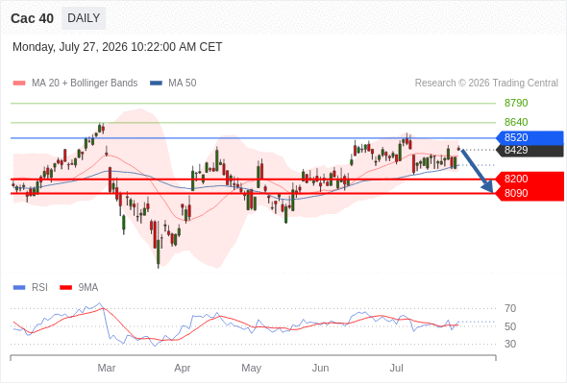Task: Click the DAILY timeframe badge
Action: tap(84, 18)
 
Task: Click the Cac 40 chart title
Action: tap(32, 18)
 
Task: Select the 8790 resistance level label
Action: tap(516, 103)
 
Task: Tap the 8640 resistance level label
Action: tap(516, 122)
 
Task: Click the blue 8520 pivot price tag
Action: tap(530, 137)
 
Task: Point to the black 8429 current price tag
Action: tap(530, 151)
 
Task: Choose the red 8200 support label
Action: tap(530, 179)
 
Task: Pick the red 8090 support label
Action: tap(530, 193)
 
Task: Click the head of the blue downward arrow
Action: tap(488, 187)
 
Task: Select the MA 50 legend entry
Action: tap(173, 84)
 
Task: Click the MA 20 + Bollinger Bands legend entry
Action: tap(75, 84)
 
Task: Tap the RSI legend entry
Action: tap(31, 288)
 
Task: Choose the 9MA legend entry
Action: tap(79, 288)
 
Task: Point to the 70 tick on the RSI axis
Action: tap(510, 308)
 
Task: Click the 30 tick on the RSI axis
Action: tap(510, 344)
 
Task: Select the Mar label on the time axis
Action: tap(107, 368)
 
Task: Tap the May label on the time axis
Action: tap(252, 368)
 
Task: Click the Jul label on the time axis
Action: tap(396, 368)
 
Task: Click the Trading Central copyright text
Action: tap(486, 84)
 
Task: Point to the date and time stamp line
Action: tap(117, 47)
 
